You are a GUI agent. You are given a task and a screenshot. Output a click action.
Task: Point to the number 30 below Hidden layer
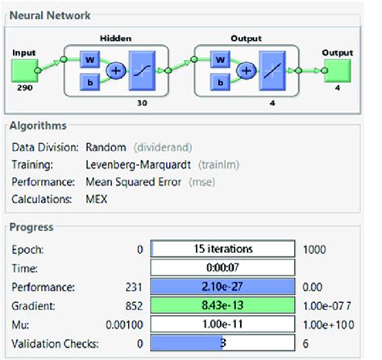pyautogui.click(x=151, y=102)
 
